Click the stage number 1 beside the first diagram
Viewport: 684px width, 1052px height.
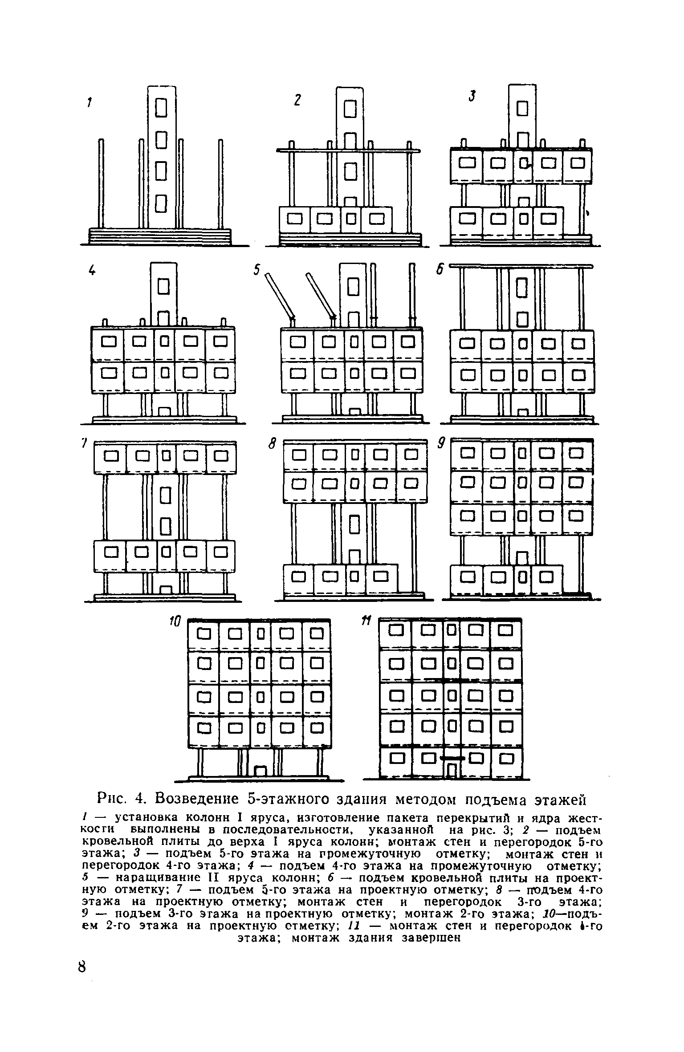(89, 103)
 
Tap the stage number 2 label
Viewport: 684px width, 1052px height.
(297, 101)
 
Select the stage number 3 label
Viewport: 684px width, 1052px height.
(472, 95)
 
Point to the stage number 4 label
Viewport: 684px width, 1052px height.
(92, 270)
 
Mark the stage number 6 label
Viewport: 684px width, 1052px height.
(440, 270)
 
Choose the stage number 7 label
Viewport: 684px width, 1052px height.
(83, 444)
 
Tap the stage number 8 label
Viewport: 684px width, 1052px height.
(273, 443)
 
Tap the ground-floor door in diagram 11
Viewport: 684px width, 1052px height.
(452, 770)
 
